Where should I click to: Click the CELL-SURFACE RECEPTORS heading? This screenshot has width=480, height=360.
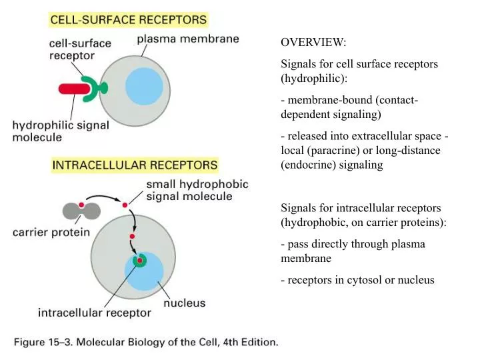(x=128, y=20)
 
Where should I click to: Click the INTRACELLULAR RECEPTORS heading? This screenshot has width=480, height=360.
(x=134, y=163)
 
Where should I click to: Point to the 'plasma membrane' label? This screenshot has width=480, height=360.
(x=188, y=39)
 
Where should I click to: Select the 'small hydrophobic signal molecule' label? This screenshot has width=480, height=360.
(x=189, y=190)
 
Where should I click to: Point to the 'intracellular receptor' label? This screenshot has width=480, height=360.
(x=94, y=311)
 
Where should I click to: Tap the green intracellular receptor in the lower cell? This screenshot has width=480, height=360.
(x=139, y=261)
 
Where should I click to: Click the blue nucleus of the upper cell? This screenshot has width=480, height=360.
(x=144, y=87)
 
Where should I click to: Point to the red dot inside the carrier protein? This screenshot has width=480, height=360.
(x=81, y=205)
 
